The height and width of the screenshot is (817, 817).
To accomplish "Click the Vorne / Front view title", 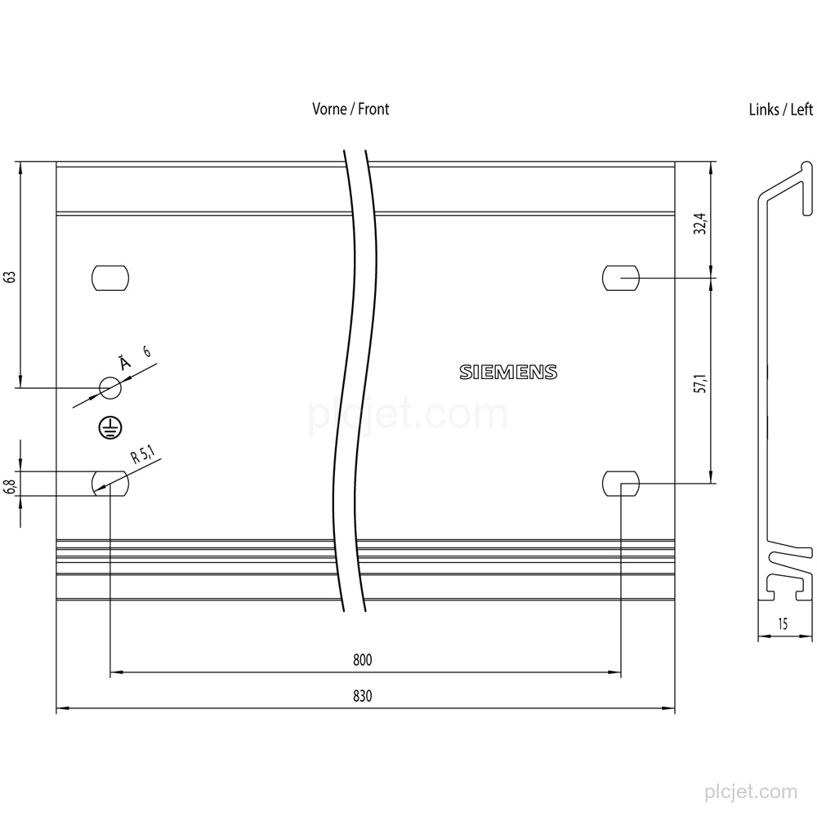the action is [x=350, y=109].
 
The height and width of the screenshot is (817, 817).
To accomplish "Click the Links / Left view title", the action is [x=780, y=109].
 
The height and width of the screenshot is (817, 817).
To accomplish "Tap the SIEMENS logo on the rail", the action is [x=508, y=372].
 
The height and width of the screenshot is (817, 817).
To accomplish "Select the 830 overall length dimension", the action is [x=363, y=696].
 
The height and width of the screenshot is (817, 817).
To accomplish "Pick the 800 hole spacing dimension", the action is [x=363, y=660].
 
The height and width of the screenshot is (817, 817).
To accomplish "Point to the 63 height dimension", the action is [x=10, y=276].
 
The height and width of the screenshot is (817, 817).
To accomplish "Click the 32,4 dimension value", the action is [x=701, y=224].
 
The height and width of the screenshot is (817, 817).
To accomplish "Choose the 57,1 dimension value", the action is [x=701, y=383].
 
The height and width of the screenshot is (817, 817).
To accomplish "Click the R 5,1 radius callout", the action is [x=143, y=453].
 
